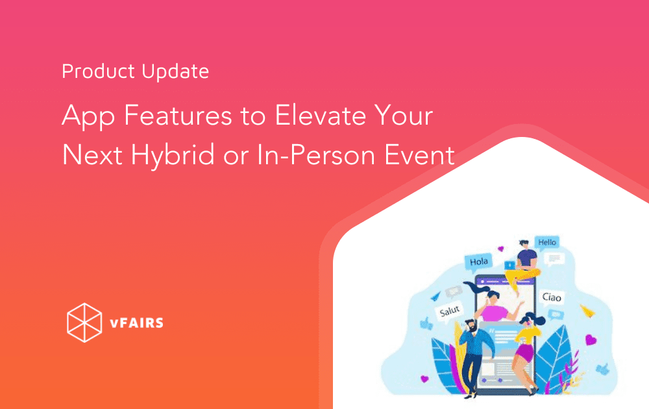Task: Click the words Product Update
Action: point(135,71)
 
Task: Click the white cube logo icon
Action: point(84,321)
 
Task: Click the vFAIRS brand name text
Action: point(136,323)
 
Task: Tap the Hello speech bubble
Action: point(547,242)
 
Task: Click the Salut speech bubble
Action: point(450,312)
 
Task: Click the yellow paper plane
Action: point(588,311)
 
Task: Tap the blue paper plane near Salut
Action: point(434,297)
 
